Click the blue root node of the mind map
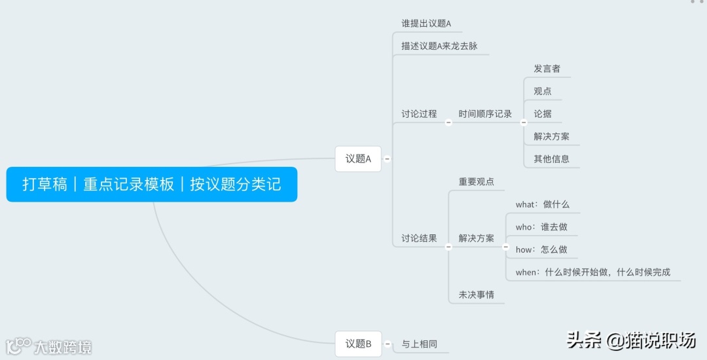tap(151, 184)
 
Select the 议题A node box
tap(358, 158)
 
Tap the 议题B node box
tap(358, 344)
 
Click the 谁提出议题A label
tap(426, 24)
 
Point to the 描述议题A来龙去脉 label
tap(439, 46)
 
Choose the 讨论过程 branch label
tap(419, 114)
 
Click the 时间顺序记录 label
tap(485, 114)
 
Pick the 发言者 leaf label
tap(547, 69)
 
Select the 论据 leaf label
tap(543, 114)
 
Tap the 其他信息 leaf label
tap(551, 158)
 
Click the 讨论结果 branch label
tap(419, 238)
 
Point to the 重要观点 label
tap(477, 181)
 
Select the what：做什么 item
tap(542, 204)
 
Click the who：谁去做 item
tap(541, 227)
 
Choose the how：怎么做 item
tap(541, 249)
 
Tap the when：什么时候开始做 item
tap(592, 272)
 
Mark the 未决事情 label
tap(477, 295)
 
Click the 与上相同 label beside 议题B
tap(419, 344)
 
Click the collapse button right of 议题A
tap(387, 158)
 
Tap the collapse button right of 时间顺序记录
tap(523, 122)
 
